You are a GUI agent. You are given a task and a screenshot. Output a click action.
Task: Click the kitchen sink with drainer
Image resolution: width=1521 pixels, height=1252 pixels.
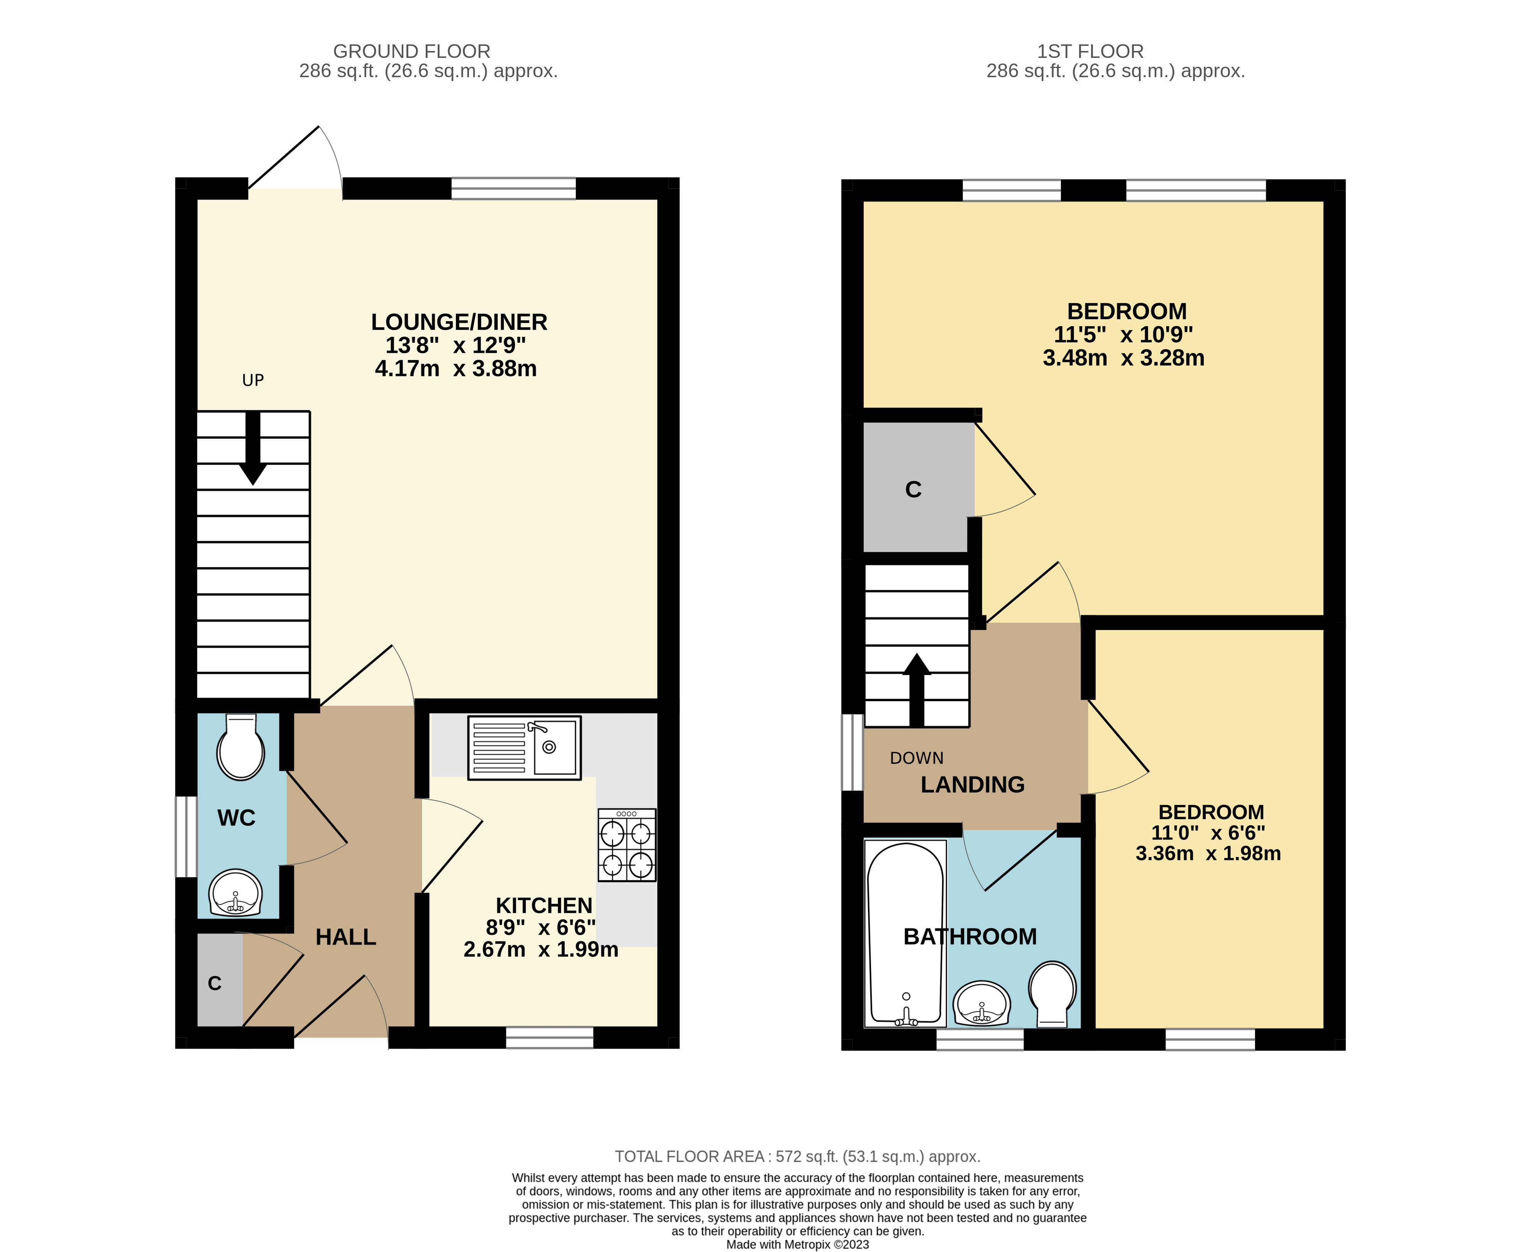coord(524,747)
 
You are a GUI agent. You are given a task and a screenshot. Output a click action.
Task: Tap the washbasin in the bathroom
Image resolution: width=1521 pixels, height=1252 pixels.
coord(981,1002)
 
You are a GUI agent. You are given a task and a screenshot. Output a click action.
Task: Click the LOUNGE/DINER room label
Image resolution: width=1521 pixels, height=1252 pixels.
coord(458,321)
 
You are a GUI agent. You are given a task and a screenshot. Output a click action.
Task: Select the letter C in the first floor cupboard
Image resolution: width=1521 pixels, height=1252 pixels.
coord(913,490)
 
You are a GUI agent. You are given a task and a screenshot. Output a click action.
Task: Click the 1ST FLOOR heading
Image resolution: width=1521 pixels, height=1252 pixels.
coord(1090,51)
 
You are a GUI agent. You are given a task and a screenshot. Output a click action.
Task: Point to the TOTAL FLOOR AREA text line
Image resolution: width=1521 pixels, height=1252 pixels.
coord(797,1157)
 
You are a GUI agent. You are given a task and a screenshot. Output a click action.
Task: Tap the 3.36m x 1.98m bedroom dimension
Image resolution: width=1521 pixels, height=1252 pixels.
coord(1208,854)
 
